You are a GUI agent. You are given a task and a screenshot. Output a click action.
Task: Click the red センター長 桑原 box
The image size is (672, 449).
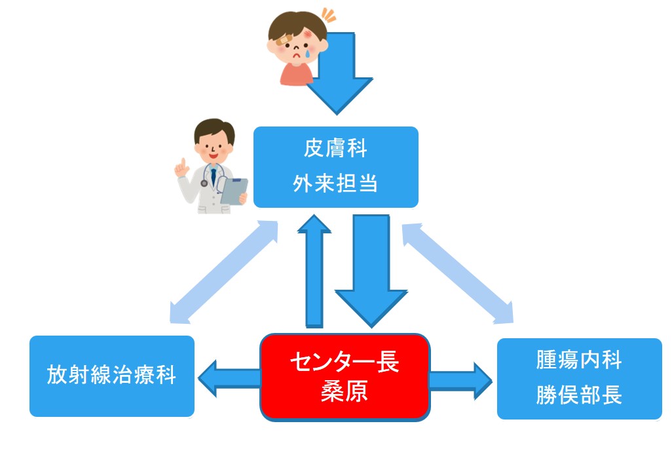tap(345, 376)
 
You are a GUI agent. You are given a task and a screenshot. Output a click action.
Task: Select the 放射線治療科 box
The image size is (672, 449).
tap(112, 376)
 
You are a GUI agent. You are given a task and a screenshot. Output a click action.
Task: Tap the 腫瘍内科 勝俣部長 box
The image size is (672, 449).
tap(579, 378)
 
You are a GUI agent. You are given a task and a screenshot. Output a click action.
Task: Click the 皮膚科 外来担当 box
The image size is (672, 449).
tap(335, 166)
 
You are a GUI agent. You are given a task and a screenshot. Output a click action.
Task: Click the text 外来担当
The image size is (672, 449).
tap(335, 184)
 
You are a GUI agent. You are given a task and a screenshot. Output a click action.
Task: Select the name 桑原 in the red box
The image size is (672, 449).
tap(345, 391)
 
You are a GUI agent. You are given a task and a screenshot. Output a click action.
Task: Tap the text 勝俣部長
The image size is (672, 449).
tap(579, 396)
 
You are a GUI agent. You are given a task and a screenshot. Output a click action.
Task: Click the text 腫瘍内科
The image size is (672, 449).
tap(579, 360)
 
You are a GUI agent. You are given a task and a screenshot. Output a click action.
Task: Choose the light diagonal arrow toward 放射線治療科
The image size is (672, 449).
tap(223, 273)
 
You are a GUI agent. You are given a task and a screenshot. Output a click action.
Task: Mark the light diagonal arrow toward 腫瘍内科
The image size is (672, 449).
tap(458, 273)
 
